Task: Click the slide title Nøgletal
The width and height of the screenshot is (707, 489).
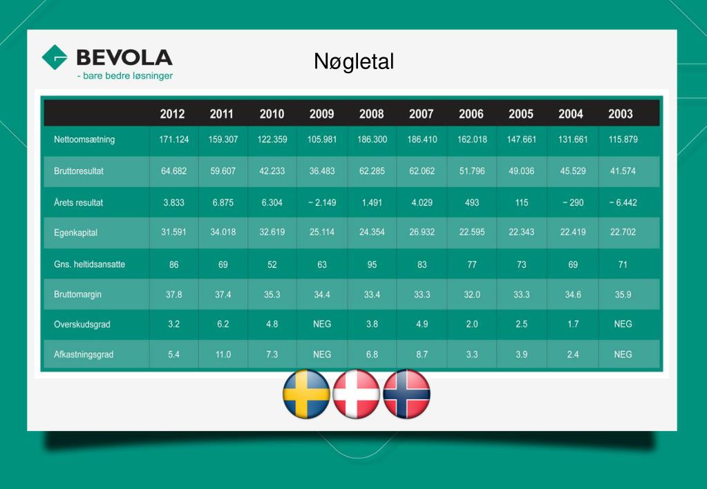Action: tap(353, 62)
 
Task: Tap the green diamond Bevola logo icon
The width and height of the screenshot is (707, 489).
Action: tap(55, 57)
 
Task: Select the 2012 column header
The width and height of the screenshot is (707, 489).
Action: tap(172, 114)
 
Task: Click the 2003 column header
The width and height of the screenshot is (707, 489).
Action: tap(620, 114)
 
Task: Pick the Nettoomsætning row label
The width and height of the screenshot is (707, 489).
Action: tap(84, 140)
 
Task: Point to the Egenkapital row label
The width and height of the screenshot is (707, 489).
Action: tap(75, 233)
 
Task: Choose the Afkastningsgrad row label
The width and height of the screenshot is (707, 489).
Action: tap(84, 354)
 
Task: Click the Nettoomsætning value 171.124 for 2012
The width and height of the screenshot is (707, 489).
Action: tap(174, 140)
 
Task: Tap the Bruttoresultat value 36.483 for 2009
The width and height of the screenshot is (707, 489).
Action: tap(321, 171)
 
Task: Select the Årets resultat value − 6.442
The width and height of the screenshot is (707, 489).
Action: tap(622, 202)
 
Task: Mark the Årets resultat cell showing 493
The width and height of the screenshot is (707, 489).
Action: tap(471, 202)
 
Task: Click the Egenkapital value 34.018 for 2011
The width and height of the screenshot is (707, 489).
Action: tap(223, 232)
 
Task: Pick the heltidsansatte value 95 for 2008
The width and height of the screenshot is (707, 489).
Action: tap(372, 264)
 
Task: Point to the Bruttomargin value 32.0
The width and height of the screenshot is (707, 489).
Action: tap(471, 294)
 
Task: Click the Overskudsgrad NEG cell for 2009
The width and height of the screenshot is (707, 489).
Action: tap(321, 324)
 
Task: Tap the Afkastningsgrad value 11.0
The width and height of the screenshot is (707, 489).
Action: tap(223, 354)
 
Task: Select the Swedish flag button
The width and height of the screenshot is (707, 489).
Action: tap(306, 394)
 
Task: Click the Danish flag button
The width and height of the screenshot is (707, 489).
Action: tap(357, 394)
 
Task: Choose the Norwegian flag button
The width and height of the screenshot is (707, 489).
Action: tap(406, 394)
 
